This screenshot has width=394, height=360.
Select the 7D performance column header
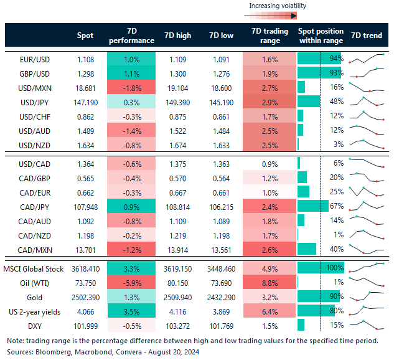tap(131, 36)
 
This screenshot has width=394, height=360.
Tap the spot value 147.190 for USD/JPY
tap(86, 101)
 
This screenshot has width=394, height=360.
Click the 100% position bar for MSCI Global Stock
tap(321, 267)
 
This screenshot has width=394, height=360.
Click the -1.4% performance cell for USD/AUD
tap(131, 130)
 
